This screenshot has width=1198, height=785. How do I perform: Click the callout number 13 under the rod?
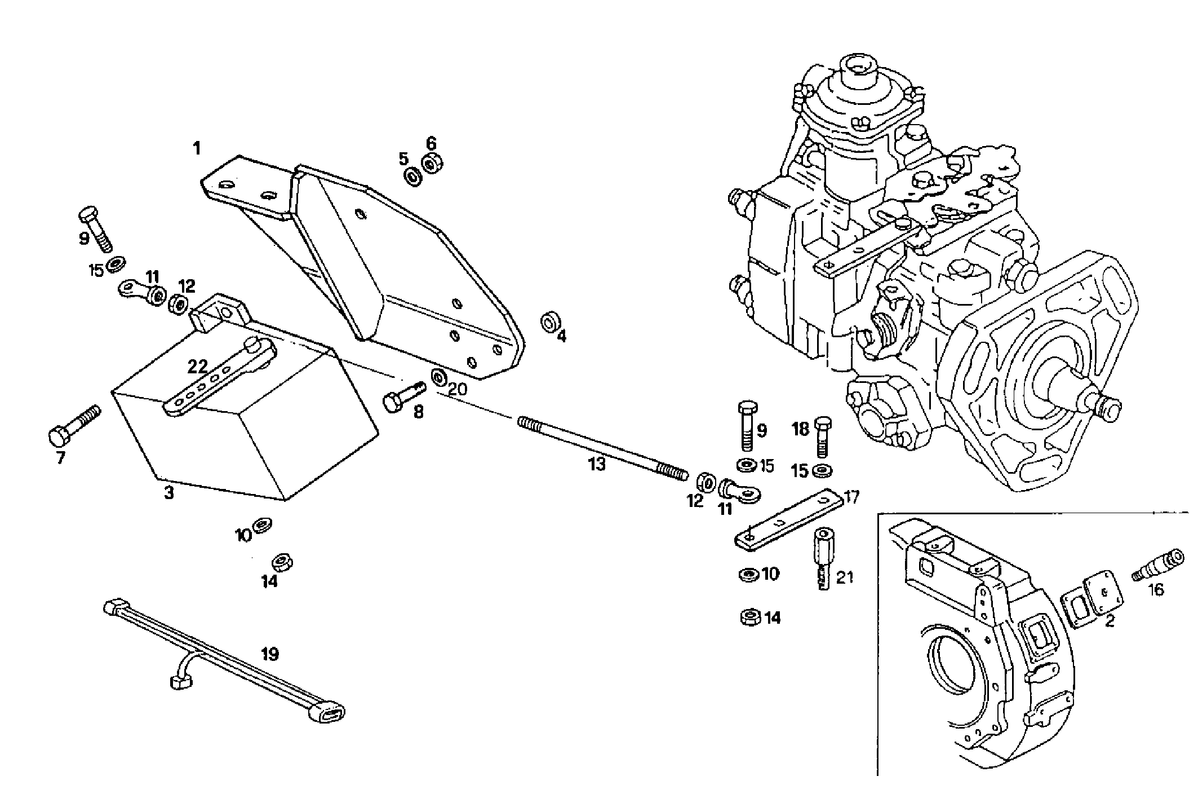tap(596, 464)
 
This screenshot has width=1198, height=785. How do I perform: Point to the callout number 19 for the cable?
tap(270, 654)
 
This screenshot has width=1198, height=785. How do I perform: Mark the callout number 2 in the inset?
tap(1110, 622)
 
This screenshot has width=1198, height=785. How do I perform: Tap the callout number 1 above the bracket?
tap(196, 149)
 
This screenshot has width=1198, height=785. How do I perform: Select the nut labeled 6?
tap(433, 164)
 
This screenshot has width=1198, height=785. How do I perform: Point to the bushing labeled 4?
tap(549, 323)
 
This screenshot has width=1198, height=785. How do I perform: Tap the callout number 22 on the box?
tap(198, 367)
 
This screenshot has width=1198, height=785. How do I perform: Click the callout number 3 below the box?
tap(169, 492)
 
